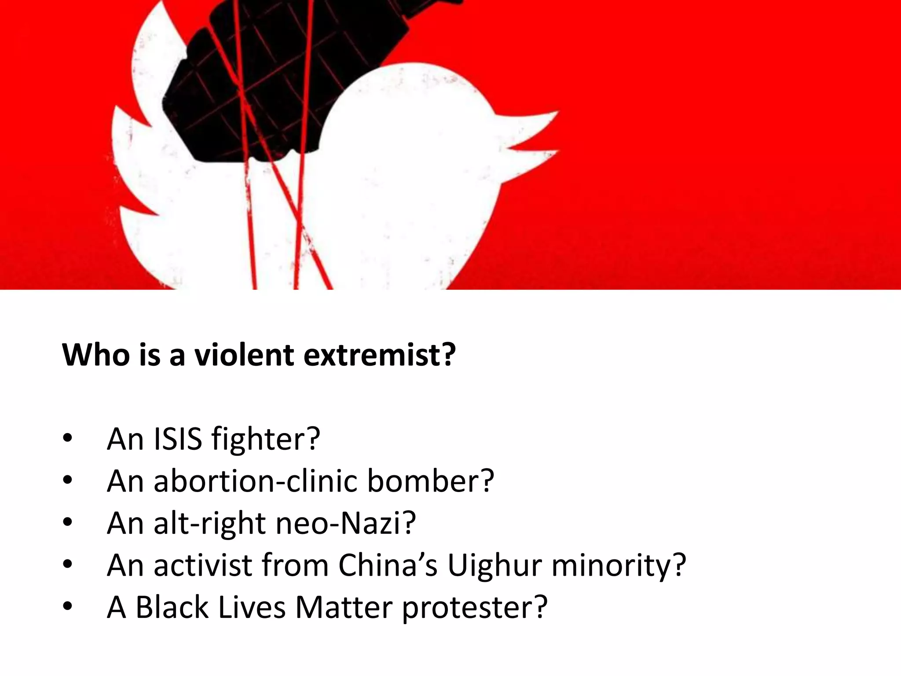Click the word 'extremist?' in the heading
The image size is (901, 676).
click(x=379, y=355)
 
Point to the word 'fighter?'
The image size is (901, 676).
click(x=265, y=440)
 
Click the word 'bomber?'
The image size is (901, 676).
click(x=431, y=481)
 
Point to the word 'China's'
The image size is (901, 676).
click(x=388, y=565)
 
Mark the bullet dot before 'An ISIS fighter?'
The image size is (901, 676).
click(x=67, y=439)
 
